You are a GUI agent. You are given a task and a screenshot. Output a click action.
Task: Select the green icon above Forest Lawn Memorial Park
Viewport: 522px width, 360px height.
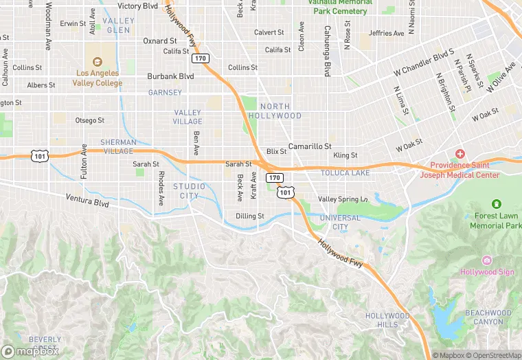[497, 204]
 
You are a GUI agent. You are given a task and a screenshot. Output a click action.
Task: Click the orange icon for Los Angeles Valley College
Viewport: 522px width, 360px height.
[97, 61]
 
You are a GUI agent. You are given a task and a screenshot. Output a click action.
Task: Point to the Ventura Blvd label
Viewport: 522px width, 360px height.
[87, 200]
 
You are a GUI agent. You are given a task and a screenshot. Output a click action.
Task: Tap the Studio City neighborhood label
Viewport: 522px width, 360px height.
[189, 191]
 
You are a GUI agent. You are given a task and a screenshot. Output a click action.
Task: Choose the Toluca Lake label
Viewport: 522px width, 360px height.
[345, 173]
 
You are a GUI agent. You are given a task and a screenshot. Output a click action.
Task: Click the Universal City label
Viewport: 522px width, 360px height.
[339, 222]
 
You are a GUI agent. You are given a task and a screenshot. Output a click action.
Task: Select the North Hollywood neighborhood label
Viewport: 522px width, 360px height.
[280, 111]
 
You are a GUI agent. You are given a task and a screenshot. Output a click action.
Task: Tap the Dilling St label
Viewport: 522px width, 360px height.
[250, 216]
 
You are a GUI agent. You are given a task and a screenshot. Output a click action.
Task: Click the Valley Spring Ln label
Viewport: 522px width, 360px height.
[343, 199]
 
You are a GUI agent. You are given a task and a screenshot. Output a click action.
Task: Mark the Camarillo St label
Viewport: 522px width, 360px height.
[310, 146]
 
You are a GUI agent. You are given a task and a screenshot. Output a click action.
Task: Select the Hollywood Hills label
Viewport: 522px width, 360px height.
[387, 320]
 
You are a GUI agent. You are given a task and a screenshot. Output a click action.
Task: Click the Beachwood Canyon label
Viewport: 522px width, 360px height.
[488, 317]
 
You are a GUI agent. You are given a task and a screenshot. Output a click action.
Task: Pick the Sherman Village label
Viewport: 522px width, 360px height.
[119, 146]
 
